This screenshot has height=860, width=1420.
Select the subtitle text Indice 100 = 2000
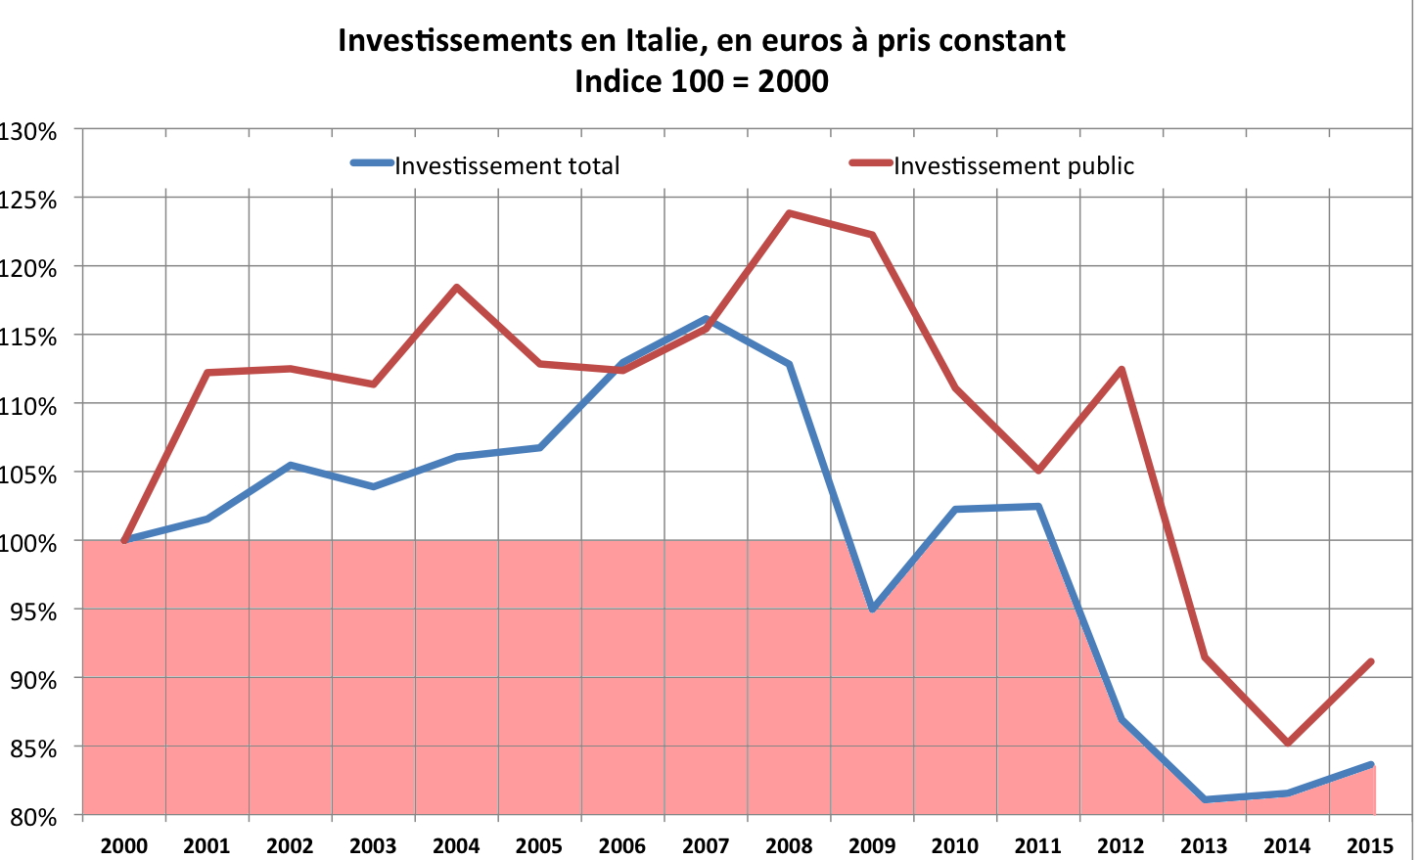pos(701,80)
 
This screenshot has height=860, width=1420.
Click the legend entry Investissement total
pos(507,165)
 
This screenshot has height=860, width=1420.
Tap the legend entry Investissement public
pos(1013,165)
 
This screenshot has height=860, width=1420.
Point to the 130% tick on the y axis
pos(29,130)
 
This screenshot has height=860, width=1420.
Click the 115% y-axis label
pos(29,336)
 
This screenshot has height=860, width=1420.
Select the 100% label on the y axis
pos(29,541)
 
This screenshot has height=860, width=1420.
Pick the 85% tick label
pos(34,747)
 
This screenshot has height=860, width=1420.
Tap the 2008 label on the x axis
pos(789,845)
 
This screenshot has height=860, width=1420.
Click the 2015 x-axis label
pos(1370,845)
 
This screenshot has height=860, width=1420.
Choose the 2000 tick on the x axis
pos(124,845)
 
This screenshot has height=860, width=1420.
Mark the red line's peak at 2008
pos(789,213)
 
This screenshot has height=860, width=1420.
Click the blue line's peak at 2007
pos(706,319)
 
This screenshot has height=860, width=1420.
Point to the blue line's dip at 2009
pos(872,609)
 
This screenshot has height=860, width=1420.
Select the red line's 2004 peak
pos(456,288)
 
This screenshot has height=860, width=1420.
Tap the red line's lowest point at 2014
pos(1288,743)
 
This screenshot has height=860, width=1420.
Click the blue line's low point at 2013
pos(1205,799)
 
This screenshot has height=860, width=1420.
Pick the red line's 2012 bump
pos(1122,369)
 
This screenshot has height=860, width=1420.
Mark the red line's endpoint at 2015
pos(1371,661)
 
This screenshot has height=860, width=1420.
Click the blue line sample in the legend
pos(372,162)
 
